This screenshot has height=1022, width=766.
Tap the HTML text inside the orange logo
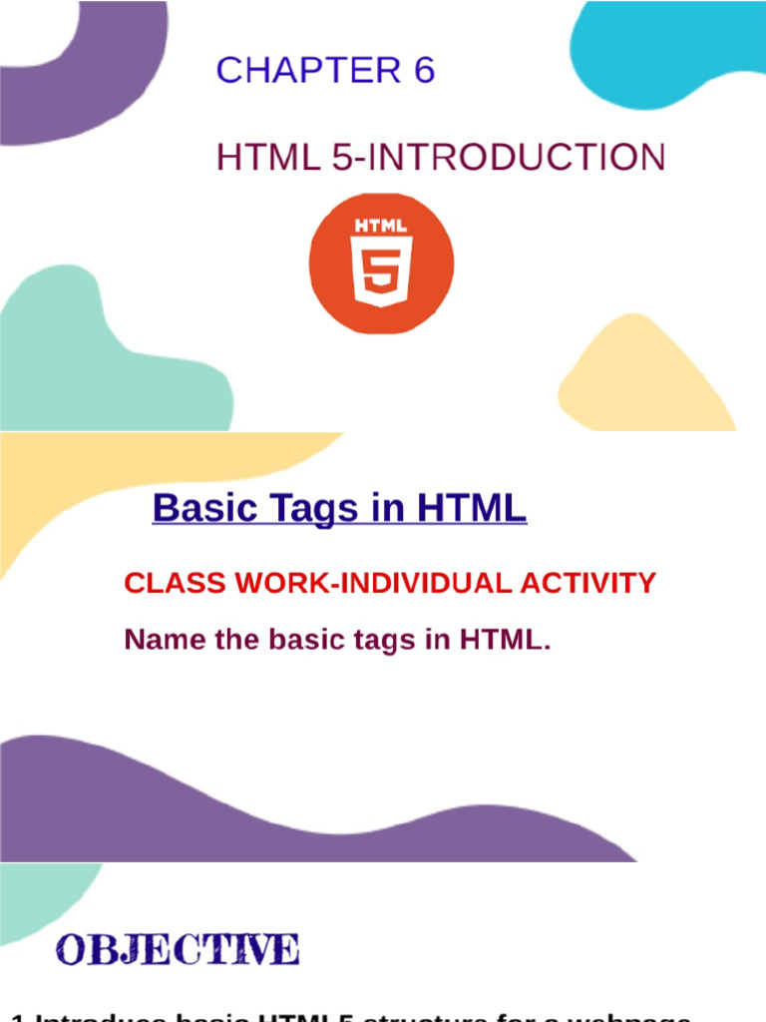click(x=381, y=226)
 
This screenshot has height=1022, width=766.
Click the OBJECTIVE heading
click(x=178, y=949)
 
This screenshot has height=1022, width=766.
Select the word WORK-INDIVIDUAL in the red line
click(x=373, y=583)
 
